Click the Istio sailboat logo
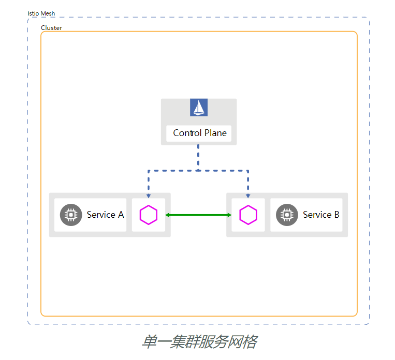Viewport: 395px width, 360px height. [x=199, y=107]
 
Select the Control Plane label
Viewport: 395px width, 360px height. [x=199, y=133]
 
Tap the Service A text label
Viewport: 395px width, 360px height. [x=105, y=215]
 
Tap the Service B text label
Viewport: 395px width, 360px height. [x=321, y=215]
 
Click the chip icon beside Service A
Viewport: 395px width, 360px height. [x=71, y=215]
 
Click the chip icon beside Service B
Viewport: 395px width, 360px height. [x=287, y=215]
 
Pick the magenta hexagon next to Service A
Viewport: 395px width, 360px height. [x=149, y=215]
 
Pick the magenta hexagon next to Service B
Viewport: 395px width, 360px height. [x=248, y=215]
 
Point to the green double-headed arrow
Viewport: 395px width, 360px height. [x=198, y=215]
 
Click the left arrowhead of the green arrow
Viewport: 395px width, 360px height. [x=168, y=215]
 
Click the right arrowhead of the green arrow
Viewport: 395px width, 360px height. [x=229, y=215]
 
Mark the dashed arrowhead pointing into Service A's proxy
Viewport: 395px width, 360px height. [x=149, y=196]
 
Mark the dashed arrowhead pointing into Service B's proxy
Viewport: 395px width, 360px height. [x=248, y=196]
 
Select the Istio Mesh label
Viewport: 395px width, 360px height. [x=41, y=13]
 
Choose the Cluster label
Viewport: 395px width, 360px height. [x=51, y=28]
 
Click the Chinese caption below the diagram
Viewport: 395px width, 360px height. [x=199, y=342]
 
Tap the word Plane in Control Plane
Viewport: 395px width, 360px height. [x=215, y=133]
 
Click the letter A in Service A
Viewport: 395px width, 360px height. [x=121, y=215]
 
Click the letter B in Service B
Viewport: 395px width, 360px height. [x=337, y=215]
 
